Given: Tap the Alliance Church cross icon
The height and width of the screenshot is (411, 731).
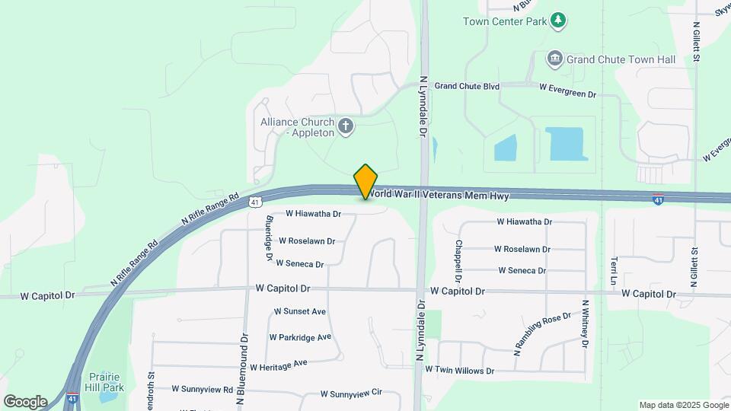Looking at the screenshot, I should pos(346,126).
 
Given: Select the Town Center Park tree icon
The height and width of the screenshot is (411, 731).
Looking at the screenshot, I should pos(559,20).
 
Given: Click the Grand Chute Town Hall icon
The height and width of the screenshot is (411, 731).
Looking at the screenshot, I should pos(555,58).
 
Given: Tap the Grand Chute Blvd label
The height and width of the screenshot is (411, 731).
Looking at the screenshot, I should pos(467,86).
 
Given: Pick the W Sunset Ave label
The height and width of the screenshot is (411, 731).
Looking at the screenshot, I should pos(300,311).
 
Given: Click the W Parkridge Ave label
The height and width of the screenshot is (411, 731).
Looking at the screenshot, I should pos(300,337).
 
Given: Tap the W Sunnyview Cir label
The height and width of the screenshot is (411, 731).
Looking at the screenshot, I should pos(350,393).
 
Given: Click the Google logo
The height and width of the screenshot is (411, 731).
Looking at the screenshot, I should pos(25,401).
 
